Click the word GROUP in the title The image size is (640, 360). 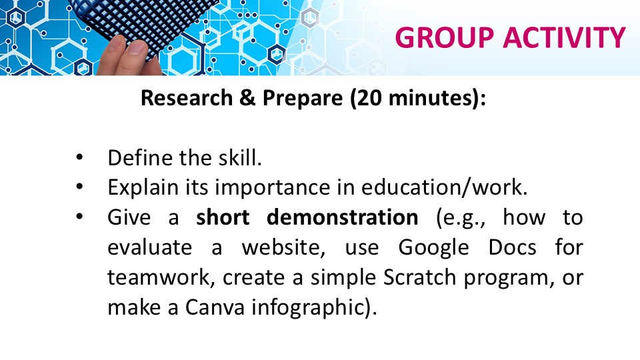(445, 37)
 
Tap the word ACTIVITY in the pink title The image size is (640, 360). (564, 37)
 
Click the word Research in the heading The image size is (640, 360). (187, 97)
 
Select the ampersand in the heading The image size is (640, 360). (247, 97)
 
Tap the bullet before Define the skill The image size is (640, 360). (79, 157)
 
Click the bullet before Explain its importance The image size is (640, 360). (79, 187)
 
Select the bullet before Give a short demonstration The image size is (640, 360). (79, 217)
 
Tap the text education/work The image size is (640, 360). (445, 187)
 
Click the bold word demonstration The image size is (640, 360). (343, 217)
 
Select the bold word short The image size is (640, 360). (223, 217)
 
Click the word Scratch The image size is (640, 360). (419, 277)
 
